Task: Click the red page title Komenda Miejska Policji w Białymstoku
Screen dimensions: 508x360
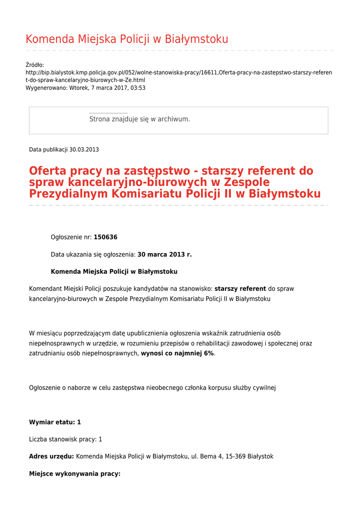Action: pyautogui.click(x=127, y=39)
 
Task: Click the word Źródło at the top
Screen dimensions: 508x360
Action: pyautogui.click(x=35, y=65)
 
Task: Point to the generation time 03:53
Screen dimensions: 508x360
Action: pyautogui.click(x=138, y=88)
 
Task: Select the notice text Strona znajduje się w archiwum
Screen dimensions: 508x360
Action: pyautogui.click(x=140, y=119)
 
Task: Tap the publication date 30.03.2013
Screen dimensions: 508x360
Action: pyautogui.click(x=84, y=149)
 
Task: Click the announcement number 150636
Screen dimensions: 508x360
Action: pyautogui.click(x=105, y=238)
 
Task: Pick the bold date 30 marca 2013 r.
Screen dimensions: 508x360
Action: pyautogui.click(x=164, y=254)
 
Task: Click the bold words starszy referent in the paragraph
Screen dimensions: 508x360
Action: pyautogui.click(x=240, y=289)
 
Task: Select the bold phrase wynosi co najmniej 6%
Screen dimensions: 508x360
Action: pyautogui.click(x=177, y=353)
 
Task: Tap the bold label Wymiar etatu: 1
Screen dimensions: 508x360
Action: pyautogui.click(x=55, y=422)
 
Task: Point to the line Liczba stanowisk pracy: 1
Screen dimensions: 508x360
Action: pyautogui.click(x=66, y=440)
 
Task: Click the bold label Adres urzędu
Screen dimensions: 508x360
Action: pyautogui.click(x=51, y=456)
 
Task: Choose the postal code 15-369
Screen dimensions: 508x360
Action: pyautogui.click(x=236, y=456)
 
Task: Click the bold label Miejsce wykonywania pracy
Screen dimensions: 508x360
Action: pyautogui.click(x=74, y=474)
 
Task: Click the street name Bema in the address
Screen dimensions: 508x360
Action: pyautogui.click(x=208, y=456)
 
